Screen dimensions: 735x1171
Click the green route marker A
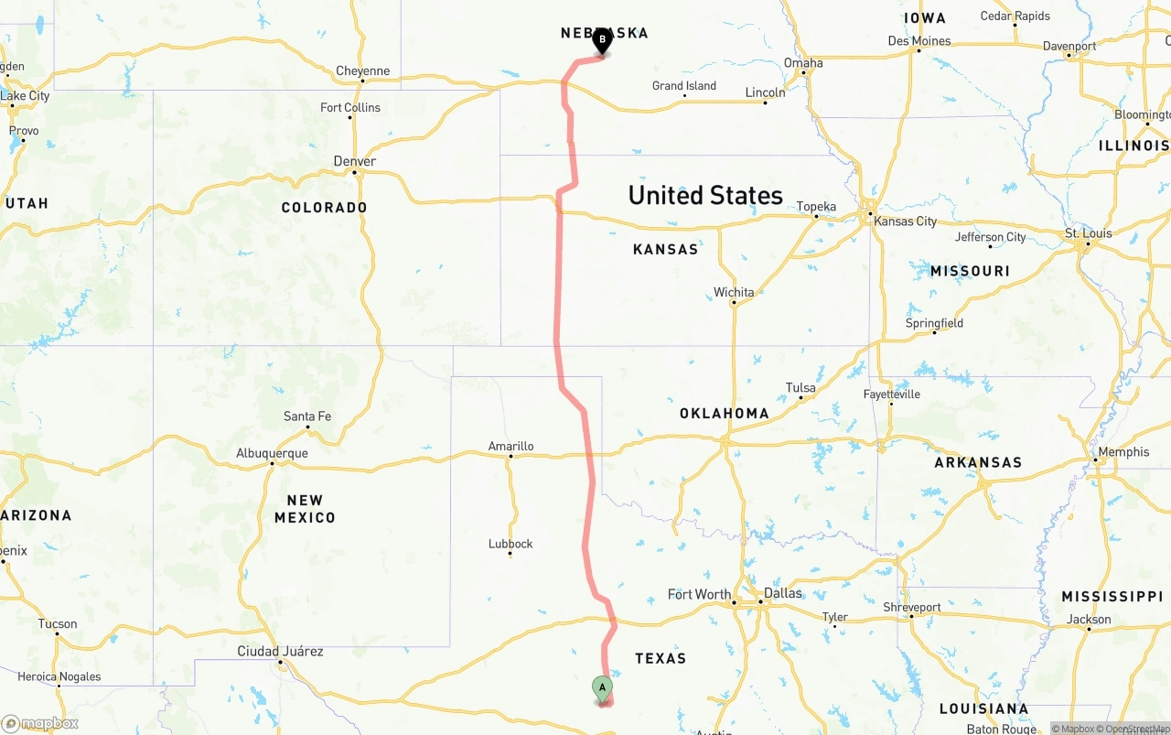[x=602, y=688]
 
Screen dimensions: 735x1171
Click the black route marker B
[x=602, y=41]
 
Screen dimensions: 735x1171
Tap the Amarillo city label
[x=510, y=447]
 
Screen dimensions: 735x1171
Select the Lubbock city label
[x=510, y=544]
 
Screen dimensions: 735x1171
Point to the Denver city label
[x=355, y=161]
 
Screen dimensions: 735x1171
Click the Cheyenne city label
[x=362, y=71]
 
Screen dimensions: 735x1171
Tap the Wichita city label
[x=734, y=293]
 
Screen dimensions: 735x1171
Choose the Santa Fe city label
[x=307, y=416]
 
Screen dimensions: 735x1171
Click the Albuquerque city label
[x=272, y=453]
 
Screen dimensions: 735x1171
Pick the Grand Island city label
[x=684, y=86]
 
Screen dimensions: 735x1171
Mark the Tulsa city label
[x=800, y=388]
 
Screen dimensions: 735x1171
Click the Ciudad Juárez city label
[x=280, y=652]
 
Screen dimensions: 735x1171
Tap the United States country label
[x=705, y=195]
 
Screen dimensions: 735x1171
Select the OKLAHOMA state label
[x=725, y=414]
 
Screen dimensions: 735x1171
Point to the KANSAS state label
[x=665, y=249]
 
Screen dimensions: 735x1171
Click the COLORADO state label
[x=324, y=208]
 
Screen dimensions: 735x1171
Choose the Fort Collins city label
[x=350, y=108]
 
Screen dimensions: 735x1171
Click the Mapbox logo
[x=40, y=724]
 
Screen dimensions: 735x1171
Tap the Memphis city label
[x=1123, y=452]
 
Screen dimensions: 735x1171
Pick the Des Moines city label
[x=919, y=41]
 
